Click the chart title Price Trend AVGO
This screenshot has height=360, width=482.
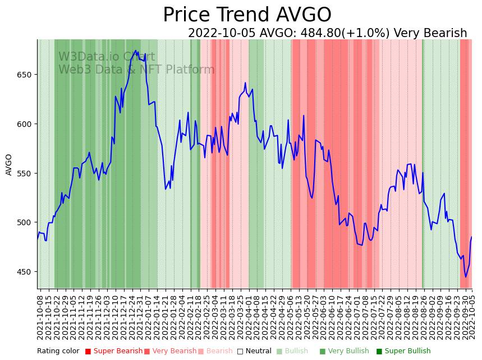247,15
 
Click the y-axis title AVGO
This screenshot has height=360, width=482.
9,165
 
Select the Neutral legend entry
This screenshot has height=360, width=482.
254,352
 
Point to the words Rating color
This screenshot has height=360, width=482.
58,352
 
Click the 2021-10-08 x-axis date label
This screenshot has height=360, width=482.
40,317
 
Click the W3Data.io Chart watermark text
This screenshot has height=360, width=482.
107,57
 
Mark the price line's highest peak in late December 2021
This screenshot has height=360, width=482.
135,51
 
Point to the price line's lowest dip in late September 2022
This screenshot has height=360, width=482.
465,277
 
